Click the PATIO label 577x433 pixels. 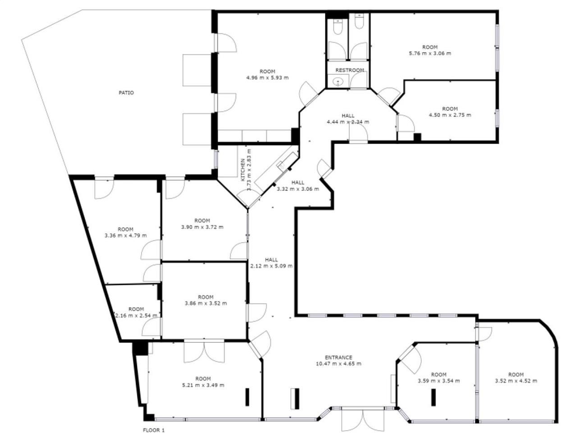tap(126, 93)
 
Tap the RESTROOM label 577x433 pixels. tap(349, 70)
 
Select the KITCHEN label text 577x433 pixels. tap(243, 170)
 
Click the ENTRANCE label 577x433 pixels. tap(339, 357)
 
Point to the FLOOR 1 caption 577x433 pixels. tap(154, 430)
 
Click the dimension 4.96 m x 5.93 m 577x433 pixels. tap(267, 78)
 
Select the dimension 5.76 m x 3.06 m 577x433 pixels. tap(430, 53)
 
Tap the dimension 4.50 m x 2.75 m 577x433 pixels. tap(449, 115)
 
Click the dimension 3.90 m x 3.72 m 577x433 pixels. tap(202, 227)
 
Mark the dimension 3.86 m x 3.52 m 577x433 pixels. tap(206, 303)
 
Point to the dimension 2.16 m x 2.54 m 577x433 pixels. tap(136, 315)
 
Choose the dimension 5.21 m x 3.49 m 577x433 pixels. tap(203, 385)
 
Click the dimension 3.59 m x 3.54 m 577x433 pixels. tap(439, 381)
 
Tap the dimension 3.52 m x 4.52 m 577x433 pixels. tap(516, 381)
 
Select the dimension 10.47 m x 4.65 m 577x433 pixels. tap(339, 364)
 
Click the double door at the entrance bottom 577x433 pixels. tap(358, 419)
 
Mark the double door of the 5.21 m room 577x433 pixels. tap(204, 352)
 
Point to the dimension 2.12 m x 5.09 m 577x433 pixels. tap(271, 266)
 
